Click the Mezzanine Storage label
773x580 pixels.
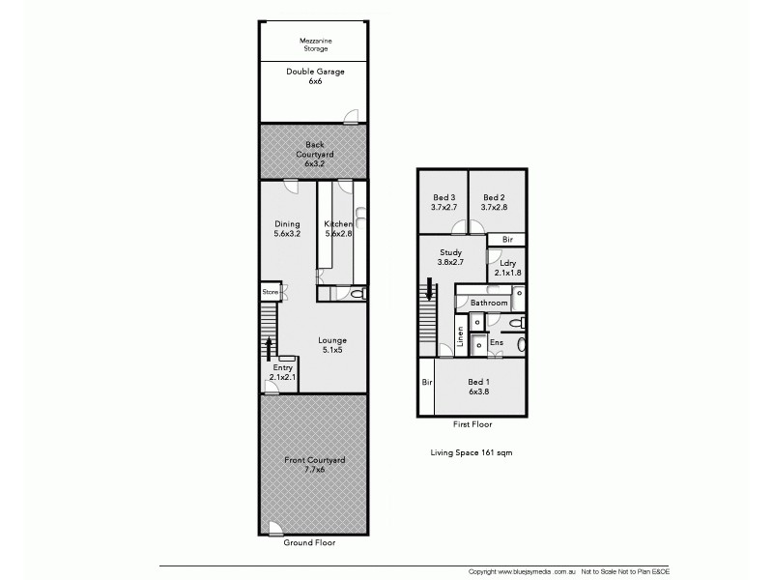tap(315, 44)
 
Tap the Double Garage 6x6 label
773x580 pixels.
tap(315, 76)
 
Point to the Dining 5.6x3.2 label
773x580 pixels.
tap(287, 229)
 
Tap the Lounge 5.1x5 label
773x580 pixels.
tap(332, 345)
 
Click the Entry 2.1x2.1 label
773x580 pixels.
tap(282, 373)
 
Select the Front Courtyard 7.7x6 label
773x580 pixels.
tap(313, 465)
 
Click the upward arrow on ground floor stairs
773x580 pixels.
tap(270, 346)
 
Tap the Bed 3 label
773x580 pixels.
tap(443, 201)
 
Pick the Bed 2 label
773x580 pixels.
tap(495, 201)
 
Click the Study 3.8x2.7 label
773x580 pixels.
tap(450, 257)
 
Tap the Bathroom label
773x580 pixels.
tap(489, 303)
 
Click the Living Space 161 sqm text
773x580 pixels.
tap(471, 452)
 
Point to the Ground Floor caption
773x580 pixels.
tap(309, 542)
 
